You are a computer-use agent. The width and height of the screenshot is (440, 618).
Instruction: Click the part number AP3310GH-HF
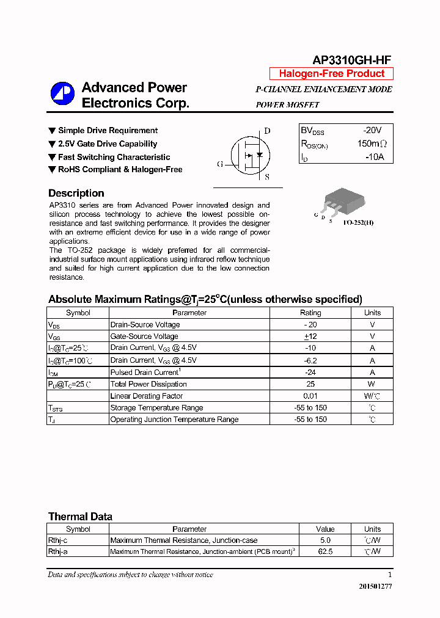pyautogui.click(x=351, y=60)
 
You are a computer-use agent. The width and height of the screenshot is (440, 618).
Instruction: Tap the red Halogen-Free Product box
pyautogui.click(x=332, y=74)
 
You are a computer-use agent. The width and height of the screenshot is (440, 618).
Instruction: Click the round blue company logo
pyautogui.click(x=62, y=94)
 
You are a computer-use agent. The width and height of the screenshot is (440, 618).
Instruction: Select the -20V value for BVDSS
pyautogui.click(x=372, y=131)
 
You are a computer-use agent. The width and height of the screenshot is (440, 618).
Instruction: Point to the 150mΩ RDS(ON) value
pyautogui.click(x=372, y=144)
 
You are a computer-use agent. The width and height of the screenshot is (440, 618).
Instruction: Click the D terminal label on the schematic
pyautogui.click(x=267, y=131)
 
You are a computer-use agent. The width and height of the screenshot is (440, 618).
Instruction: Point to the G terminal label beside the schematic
pyautogui.click(x=219, y=164)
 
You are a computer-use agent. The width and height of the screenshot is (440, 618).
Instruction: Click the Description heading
pyautogui.click(x=76, y=193)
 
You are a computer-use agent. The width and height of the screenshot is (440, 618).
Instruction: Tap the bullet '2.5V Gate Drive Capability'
pyautogui.click(x=108, y=144)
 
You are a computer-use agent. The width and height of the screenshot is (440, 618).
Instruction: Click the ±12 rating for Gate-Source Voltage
pyautogui.click(x=310, y=336)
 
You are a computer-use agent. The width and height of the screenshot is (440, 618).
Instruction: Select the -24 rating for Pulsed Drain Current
pyautogui.click(x=310, y=372)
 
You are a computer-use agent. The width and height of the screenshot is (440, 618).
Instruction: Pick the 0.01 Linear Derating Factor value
pyautogui.click(x=310, y=396)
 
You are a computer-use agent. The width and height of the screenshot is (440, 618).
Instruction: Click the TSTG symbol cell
pyautogui.click(x=56, y=408)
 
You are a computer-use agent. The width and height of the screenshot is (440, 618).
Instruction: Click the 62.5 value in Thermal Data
pyautogui.click(x=325, y=551)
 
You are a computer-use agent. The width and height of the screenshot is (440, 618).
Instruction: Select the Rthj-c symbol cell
pyautogui.click(x=57, y=540)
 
